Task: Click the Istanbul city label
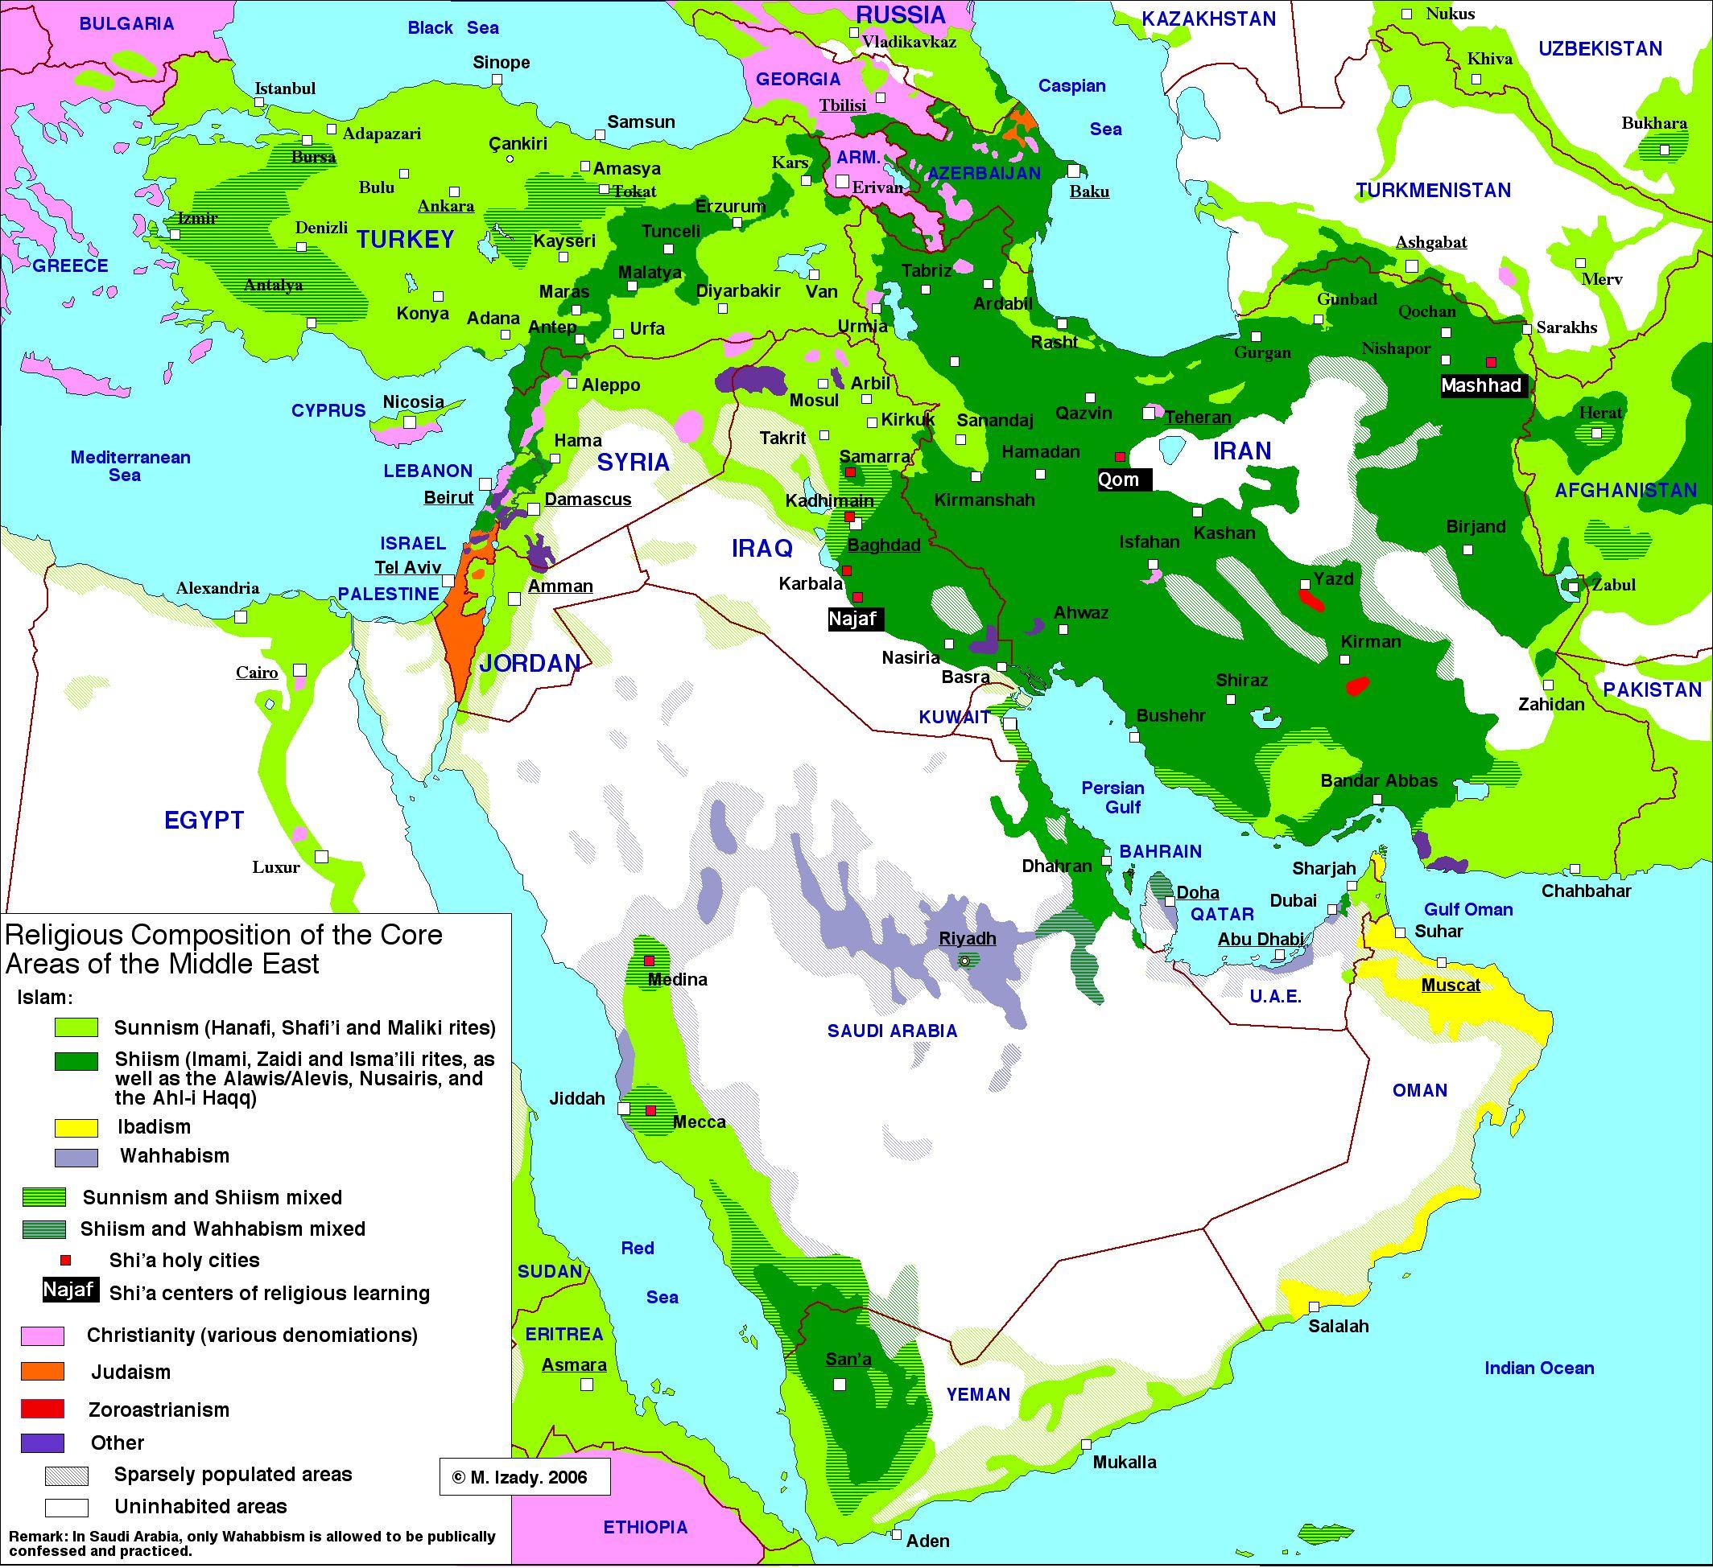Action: [285, 88]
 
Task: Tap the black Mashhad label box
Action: [1480, 385]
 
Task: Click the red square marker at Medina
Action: [648, 961]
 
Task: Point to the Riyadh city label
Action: [967, 939]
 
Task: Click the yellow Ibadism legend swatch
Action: [76, 1128]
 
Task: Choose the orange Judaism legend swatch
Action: [43, 1371]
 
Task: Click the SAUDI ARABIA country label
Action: [892, 1031]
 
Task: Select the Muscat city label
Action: [1451, 986]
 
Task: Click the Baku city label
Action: [1089, 191]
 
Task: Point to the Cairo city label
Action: [257, 673]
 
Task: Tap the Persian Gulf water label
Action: [1113, 797]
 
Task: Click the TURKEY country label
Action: [406, 240]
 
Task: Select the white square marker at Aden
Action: [898, 1534]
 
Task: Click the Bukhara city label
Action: [1654, 123]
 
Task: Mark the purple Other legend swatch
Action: [43, 1442]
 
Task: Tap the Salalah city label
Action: [1338, 1326]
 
